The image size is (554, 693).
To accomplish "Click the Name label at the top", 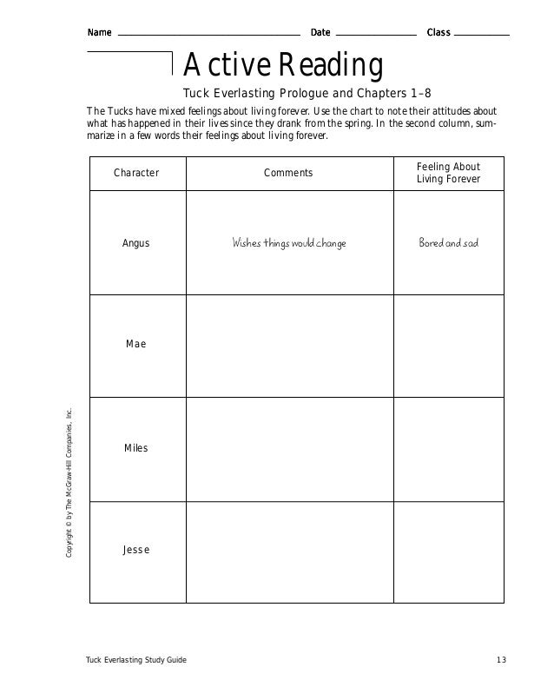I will point(99,33).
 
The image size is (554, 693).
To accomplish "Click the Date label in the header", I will point(320,33).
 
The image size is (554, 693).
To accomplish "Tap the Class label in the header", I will point(439,33).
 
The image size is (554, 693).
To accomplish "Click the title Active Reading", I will point(283,65).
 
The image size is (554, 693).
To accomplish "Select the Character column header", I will point(136,173).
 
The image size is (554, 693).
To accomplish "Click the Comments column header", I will point(288,173).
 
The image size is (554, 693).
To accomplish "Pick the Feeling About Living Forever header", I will point(448,173).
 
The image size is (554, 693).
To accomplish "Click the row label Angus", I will point(136,243).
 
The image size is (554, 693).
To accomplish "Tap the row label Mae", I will point(136,345).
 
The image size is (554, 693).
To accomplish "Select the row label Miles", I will point(136,448).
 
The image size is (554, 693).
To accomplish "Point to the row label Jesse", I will point(136,551).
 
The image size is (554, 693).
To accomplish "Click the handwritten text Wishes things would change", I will point(288,243).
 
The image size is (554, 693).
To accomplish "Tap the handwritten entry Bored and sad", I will point(448,243).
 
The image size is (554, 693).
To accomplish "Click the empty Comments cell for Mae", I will point(288,346).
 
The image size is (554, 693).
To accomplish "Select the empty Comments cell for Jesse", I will point(288,551).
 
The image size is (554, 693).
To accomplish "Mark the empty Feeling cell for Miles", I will point(448,449).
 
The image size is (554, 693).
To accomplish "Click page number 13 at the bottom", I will point(501,662).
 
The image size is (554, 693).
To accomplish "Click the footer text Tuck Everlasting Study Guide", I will point(135,662).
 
